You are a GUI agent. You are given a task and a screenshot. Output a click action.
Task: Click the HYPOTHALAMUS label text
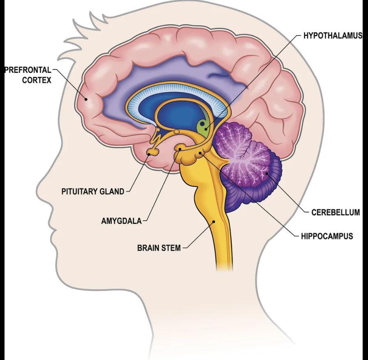(x=333, y=36)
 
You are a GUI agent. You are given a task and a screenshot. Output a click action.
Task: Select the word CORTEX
(x=37, y=80)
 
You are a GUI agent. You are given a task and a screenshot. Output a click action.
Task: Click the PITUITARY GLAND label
(x=93, y=192)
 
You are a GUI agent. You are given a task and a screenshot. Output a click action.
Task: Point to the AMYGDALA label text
(x=121, y=221)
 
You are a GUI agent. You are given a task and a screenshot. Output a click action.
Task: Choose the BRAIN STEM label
(x=159, y=248)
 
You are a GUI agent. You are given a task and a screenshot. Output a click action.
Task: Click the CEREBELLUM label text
(x=336, y=212)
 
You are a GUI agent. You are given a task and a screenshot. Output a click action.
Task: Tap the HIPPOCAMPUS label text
(x=327, y=236)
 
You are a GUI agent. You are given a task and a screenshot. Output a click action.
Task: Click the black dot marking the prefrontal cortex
(x=86, y=99)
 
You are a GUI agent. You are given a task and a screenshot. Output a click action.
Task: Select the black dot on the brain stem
(x=214, y=221)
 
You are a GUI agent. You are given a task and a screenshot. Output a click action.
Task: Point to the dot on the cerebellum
(x=267, y=173)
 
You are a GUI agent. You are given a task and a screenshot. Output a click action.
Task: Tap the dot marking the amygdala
(x=180, y=149)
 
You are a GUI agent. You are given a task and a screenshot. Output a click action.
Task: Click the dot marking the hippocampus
(x=200, y=153)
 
